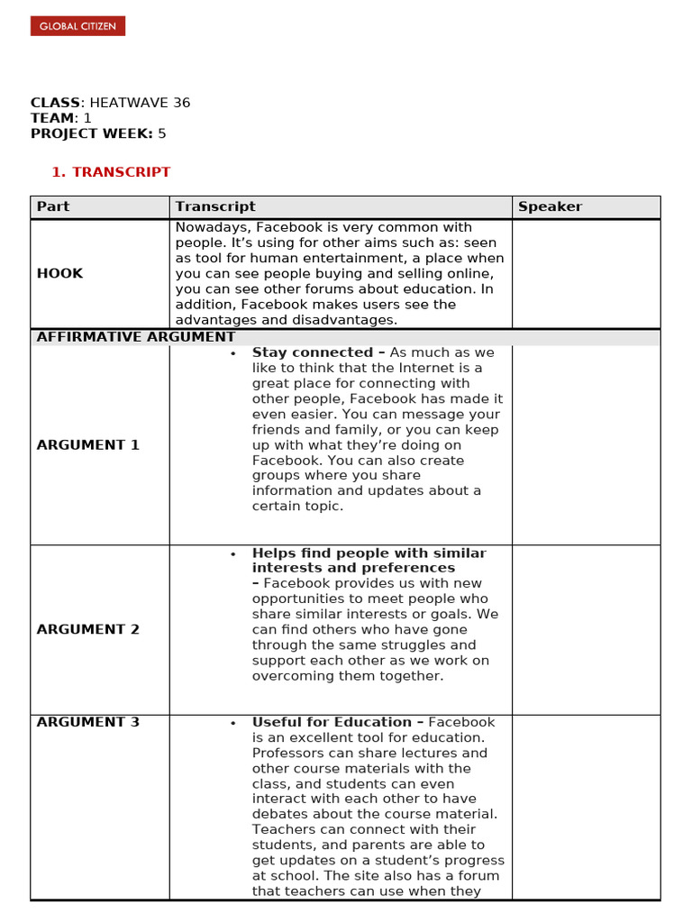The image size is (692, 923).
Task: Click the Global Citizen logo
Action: [77, 26]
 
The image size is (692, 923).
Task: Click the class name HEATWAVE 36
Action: [140, 103]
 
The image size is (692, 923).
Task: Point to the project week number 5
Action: [162, 133]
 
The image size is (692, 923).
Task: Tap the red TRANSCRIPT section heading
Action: [121, 172]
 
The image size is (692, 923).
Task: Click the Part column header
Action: [53, 206]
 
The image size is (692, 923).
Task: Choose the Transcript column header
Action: [215, 206]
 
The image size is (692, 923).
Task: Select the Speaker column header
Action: [550, 206]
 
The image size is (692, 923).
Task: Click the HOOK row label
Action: [59, 273]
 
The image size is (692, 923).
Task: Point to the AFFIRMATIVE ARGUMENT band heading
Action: [136, 337]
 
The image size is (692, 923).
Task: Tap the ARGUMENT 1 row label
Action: [88, 445]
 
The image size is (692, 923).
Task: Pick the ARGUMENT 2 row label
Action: [88, 629]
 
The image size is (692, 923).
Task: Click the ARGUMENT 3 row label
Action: [88, 722]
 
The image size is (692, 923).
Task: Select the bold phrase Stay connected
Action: [312, 352]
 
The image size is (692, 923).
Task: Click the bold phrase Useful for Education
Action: [332, 722]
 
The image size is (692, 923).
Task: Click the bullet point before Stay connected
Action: [233, 353]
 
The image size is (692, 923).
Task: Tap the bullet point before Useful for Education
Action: [233, 723]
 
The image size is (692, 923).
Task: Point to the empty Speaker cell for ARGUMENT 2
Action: [586, 629]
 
